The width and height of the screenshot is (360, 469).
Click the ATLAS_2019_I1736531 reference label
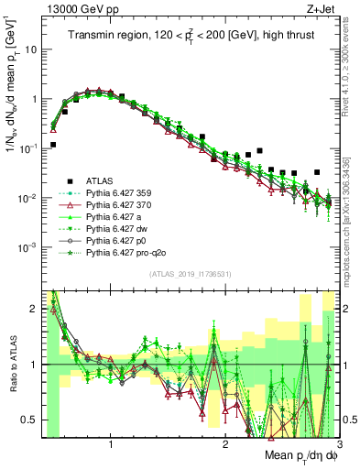point(191,274)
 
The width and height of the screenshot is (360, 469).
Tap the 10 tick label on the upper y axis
point(31,49)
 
